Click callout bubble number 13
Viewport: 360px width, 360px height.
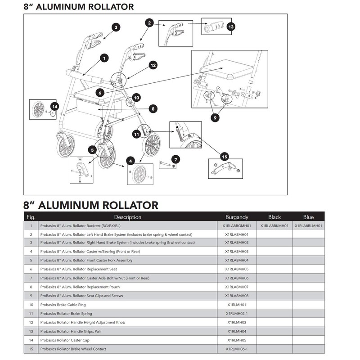(x=231, y=27)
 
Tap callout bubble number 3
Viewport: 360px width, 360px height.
(x=116, y=28)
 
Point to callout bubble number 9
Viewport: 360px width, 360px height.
(x=216, y=117)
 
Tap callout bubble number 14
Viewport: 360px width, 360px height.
(x=54, y=107)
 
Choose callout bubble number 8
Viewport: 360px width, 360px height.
(x=153, y=108)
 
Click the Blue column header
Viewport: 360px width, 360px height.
(x=308, y=217)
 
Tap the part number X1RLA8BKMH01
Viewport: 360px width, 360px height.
(x=274, y=225)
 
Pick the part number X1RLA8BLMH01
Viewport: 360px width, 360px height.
(x=310, y=225)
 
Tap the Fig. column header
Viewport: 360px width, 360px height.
(x=31, y=217)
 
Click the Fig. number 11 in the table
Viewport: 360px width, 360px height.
(x=31, y=314)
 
